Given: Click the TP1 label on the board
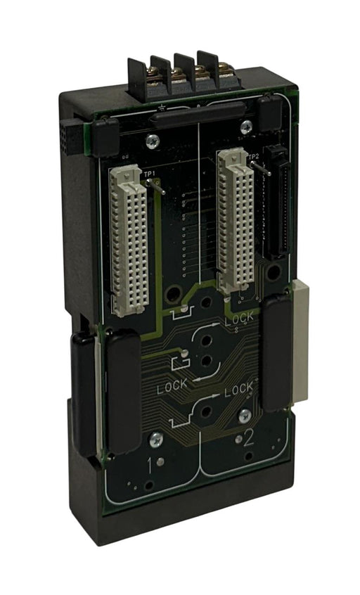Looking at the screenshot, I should click(150, 172).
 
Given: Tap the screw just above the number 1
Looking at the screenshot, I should click(155, 439).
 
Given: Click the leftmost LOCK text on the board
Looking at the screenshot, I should click(173, 386).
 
